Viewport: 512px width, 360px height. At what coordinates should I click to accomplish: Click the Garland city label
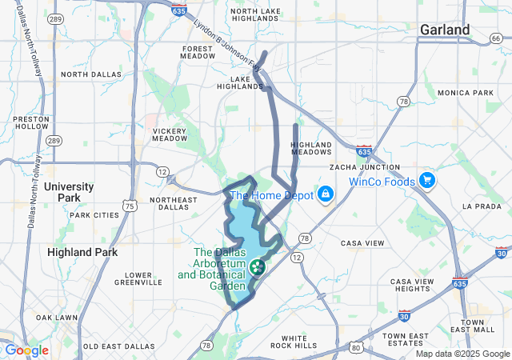[x=445, y=30]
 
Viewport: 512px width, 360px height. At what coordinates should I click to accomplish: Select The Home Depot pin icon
[x=326, y=194]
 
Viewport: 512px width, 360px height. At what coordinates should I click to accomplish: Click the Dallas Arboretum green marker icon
[x=258, y=267]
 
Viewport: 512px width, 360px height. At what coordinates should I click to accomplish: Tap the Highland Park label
[x=82, y=252]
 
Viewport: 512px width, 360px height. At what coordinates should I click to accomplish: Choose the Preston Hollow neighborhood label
[x=31, y=122]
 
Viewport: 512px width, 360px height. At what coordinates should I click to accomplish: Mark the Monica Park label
[x=466, y=93]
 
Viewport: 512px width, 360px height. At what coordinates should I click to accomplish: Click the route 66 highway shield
[x=496, y=38]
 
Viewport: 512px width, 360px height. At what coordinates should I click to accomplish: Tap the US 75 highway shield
[x=129, y=206]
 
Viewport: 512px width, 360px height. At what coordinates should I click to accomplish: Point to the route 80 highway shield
[x=356, y=347]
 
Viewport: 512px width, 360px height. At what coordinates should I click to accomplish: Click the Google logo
[x=26, y=350]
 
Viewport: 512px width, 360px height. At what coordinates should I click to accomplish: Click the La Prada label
[x=481, y=206]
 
